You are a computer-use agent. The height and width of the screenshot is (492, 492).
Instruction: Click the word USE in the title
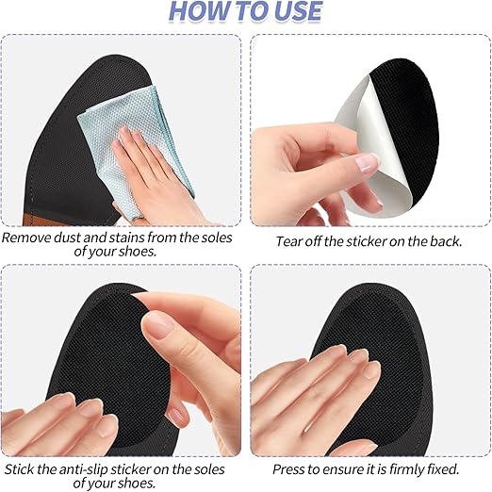[x=294, y=12]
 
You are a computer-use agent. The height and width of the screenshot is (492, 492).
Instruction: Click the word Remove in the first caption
[x=29, y=238]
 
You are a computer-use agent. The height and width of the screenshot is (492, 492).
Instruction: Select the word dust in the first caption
[x=77, y=238]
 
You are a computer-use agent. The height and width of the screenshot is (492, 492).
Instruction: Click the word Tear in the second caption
[x=290, y=240]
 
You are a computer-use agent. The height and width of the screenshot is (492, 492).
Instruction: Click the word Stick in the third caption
[x=22, y=468]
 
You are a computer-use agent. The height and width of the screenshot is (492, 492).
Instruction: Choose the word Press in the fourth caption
[x=289, y=468]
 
